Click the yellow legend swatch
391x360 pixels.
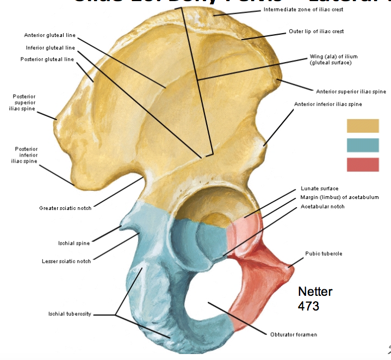pyautogui.click(x=363, y=126)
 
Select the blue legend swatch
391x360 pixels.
pyautogui.click(x=363, y=145)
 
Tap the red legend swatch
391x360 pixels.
pyautogui.click(x=363, y=165)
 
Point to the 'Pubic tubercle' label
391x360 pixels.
pyautogui.click(x=324, y=253)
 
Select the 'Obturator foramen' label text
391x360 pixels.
pyautogui.click(x=294, y=334)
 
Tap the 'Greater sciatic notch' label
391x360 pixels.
pyautogui.click(x=65, y=208)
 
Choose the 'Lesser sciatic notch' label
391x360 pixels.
pyautogui.click(x=66, y=261)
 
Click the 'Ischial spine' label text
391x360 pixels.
pyautogui.click(x=74, y=243)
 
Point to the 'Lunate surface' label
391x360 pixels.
pyautogui.click(x=319, y=189)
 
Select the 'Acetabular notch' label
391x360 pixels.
pyautogui.click(x=322, y=206)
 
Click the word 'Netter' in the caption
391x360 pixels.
pyautogui.click(x=315, y=292)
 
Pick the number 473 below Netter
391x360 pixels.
pyautogui.click(x=308, y=306)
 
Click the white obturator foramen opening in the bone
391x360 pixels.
pyautogui.click(x=209, y=296)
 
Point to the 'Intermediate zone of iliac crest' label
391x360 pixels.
pyautogui.click(x=303, y=10)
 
